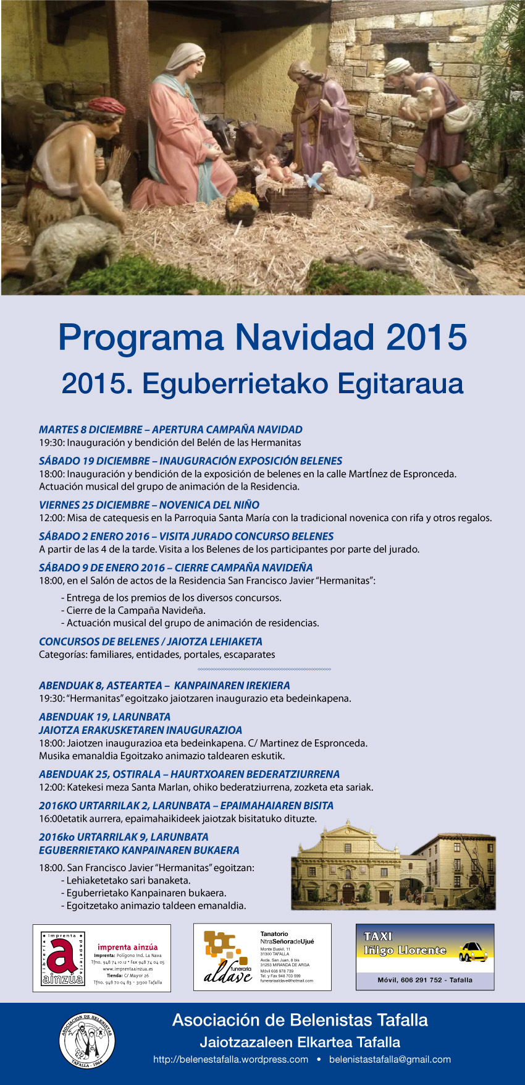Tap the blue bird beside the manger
pos(315,181)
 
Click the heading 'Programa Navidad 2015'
pos(262,338)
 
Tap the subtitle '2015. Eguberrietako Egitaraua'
pos(262,383)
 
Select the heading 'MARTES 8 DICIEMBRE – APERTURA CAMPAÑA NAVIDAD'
pos(170,430)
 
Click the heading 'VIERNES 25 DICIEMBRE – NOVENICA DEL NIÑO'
pos(149,505)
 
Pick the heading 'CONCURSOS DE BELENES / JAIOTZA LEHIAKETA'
pos(151,642)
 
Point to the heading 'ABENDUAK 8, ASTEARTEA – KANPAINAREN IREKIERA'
pos(164,686)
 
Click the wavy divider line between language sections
pos(264,670)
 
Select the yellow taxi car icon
pos(473,951)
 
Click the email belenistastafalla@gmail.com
pos(390,1060)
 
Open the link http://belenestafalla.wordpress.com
pos(230,1060)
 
